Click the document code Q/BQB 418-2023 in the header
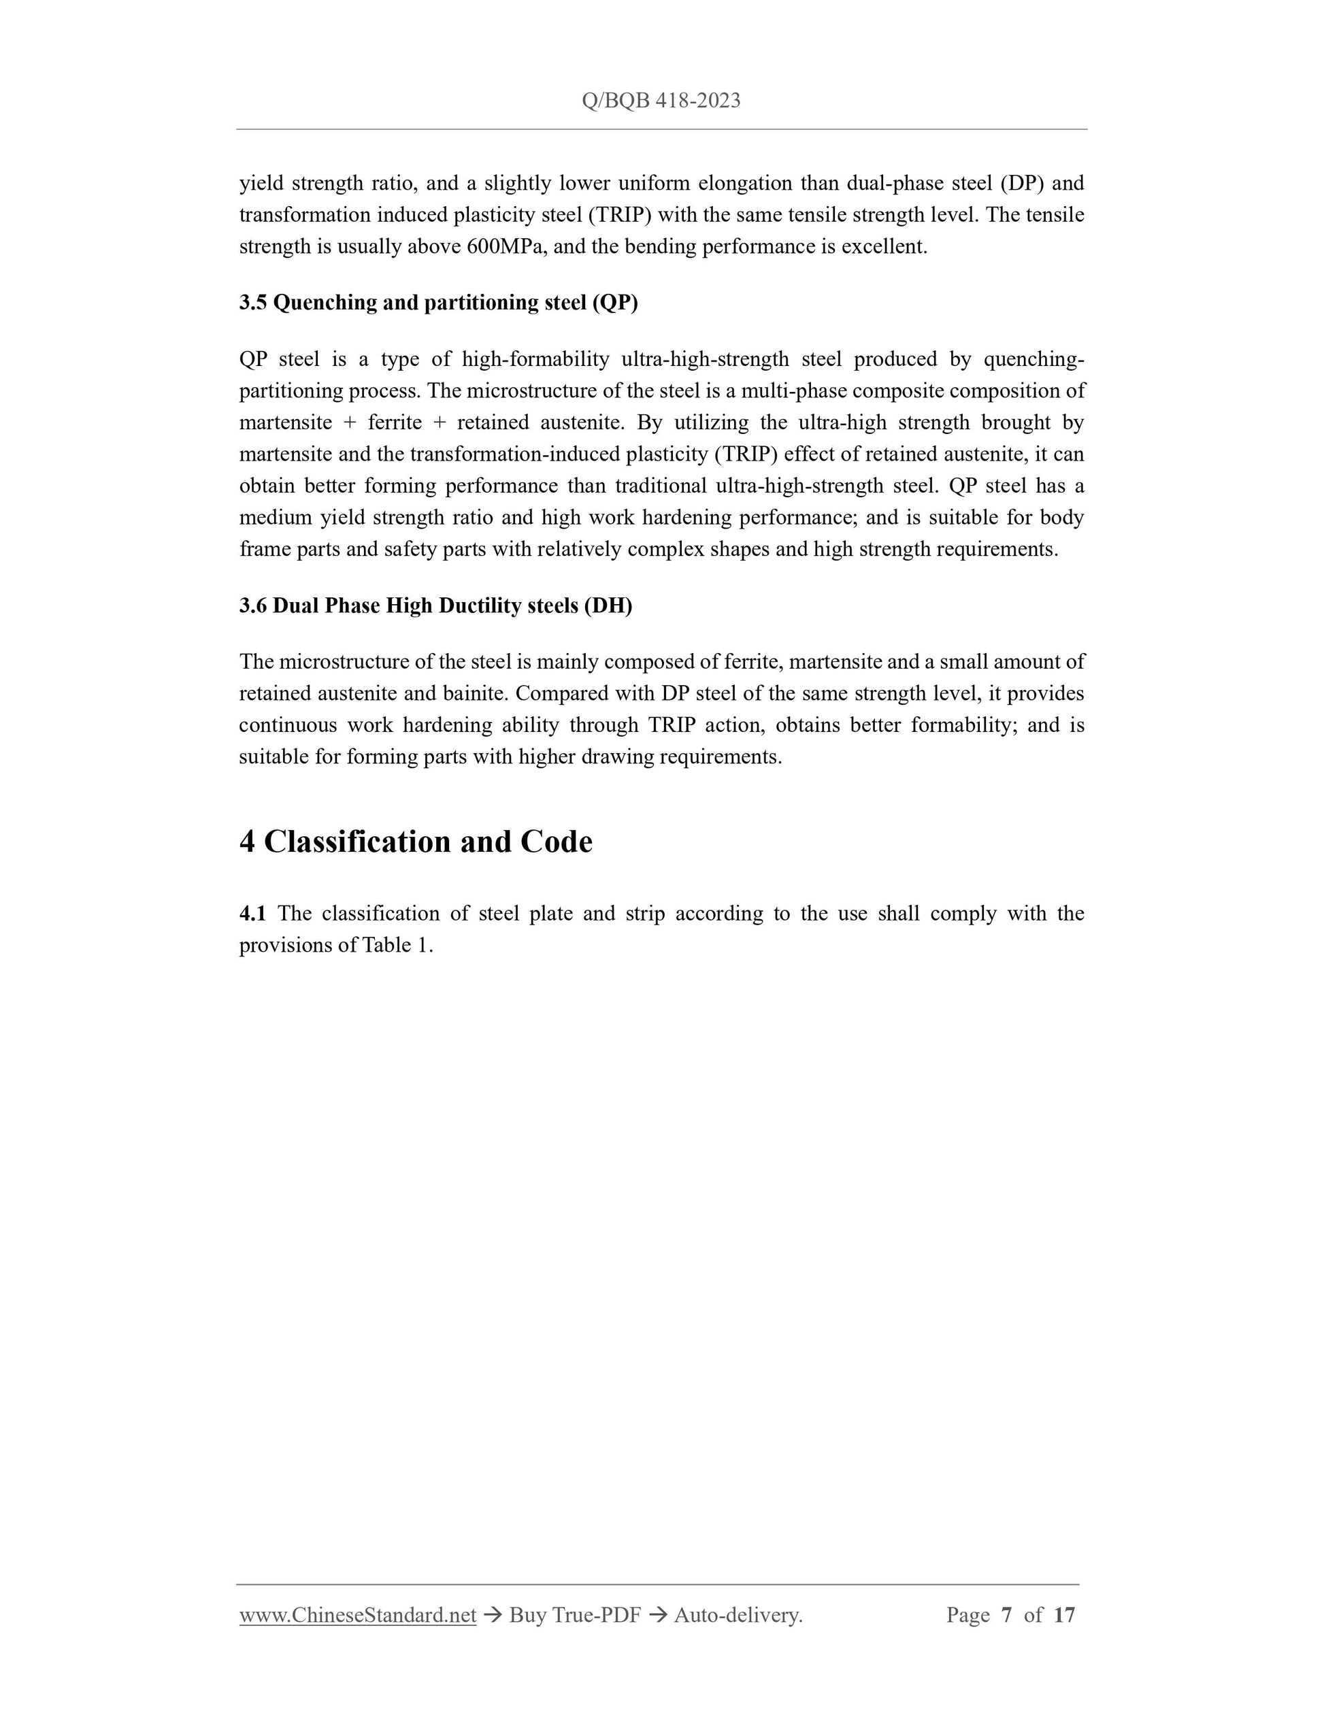[661, 101]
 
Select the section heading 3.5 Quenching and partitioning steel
[438, 303]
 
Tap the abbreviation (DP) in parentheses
[1022, 184]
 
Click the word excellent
[884, 247]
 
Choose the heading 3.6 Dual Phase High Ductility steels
[435, 605]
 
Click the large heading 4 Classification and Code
[416, 842]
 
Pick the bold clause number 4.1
[252, 914]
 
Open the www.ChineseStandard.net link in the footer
[358, 1615]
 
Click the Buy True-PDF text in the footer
[575, 1615]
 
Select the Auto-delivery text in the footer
[738, 1615]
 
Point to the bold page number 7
[1006, 1615]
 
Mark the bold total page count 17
[1063, 1615]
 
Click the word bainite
[477, 694]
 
